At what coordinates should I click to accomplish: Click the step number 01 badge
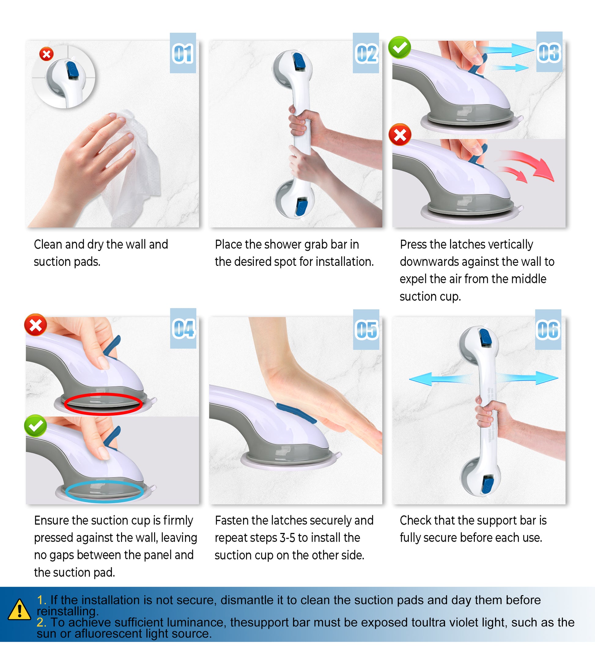click(183, 53)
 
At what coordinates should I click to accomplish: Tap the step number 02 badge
click(366, 53)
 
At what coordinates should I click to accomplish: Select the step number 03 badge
click(549, 52)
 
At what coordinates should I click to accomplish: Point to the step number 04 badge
click(183, 329)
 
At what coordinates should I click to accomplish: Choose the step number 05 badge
click(366, 329)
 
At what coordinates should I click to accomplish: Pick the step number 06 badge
click(548, 329)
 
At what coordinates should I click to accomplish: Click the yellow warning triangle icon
click(20, 609)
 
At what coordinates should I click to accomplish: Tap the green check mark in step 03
click(400, 47)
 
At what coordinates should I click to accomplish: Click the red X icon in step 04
click(36, 325)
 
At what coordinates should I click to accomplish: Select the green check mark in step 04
click(35, 426)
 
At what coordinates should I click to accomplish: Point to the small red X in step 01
click(46, 54)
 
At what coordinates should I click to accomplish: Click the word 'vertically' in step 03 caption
click(513, 245)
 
